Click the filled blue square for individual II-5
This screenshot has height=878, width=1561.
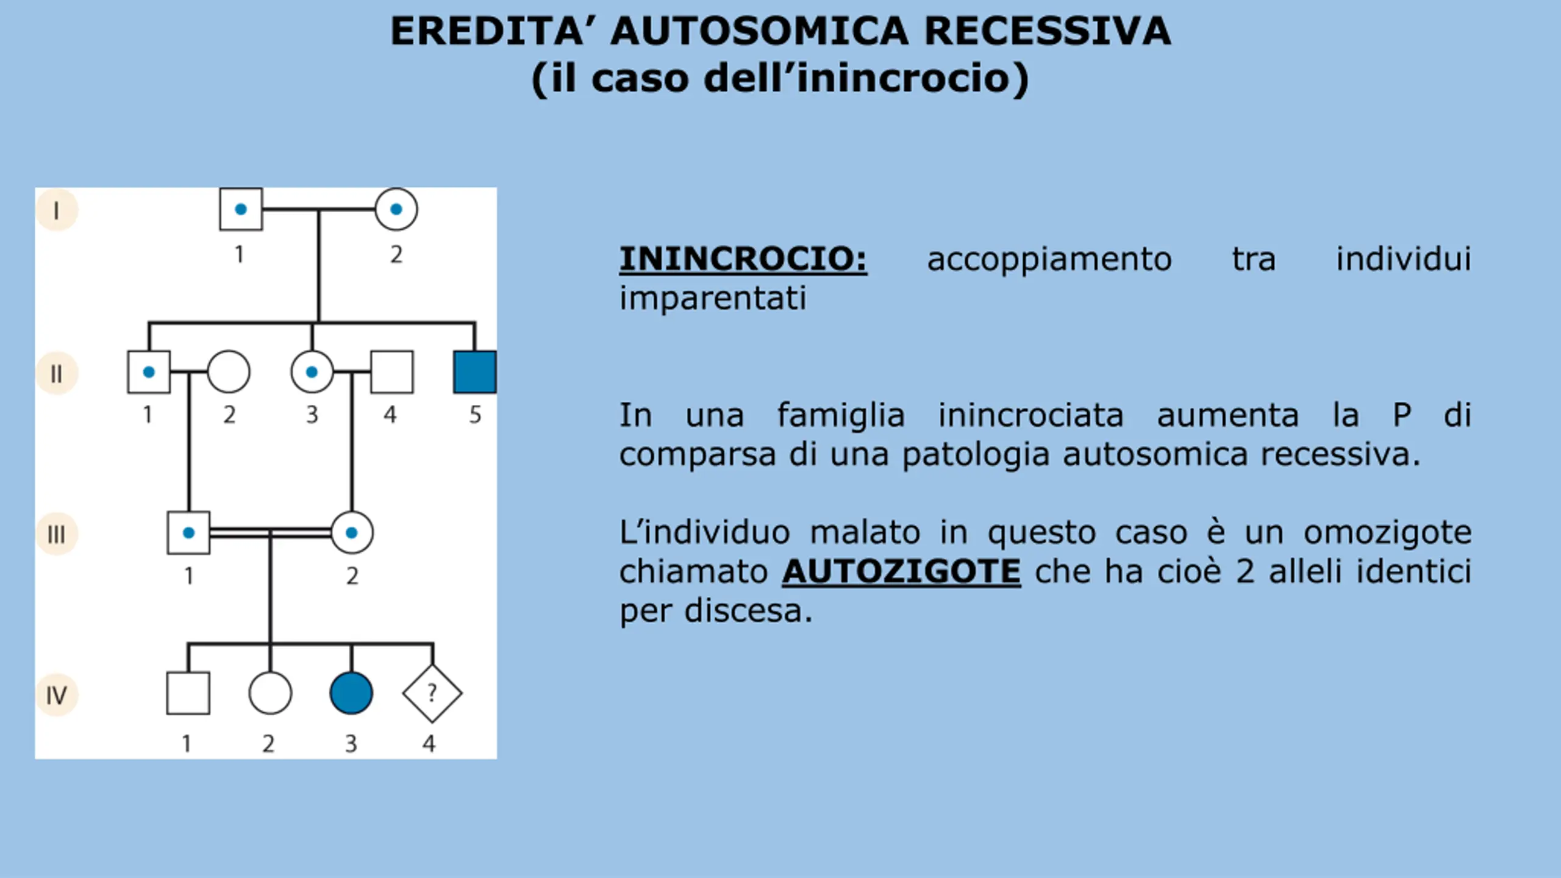pyautogui.click(x=475, y=372)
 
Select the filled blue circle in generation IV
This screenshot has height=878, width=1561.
pyautogui.click(x=351, y=693)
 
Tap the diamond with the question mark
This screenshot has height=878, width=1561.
pyautogui.click(x=432, y=693)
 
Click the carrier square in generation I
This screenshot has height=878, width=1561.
pyautogui.click(x=241, y=209)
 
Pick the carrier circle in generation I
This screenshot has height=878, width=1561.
pyautogui.click(x=396, y=209)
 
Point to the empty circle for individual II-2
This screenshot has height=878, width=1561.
pyautogui.click(x=229, y=372)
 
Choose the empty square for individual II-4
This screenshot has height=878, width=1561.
pyautogui.click(x=391, y=372)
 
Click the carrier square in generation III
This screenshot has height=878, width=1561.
pyautogui.click(x=188, y=533)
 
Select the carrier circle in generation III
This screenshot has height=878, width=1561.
pyautogui.click(x=352, y=533)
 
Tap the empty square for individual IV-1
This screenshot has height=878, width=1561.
pyautogui.click(x=188, y=693)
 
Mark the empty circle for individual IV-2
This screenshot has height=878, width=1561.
pyautogui.click(x=270, y=693)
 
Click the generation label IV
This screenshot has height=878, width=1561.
pyautogui.click(x=57, y=695)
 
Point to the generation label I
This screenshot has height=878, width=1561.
pyautogui.click(x=57, y=210)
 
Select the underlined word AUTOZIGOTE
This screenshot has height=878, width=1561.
pyautogui.click(x=901, y=572)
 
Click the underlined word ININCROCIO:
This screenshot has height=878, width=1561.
pyautogui.click(x=743, y=259)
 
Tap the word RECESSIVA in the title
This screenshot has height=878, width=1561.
pyautogui.click(x=1047, y=31)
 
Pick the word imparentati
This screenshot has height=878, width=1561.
pyautogui.click(x=713, y=299)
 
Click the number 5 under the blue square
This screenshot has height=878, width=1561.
pyautogui.click(x=475, y=415)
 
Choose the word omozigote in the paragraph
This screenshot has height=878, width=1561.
pyautogui.click(x=1387, y=533)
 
